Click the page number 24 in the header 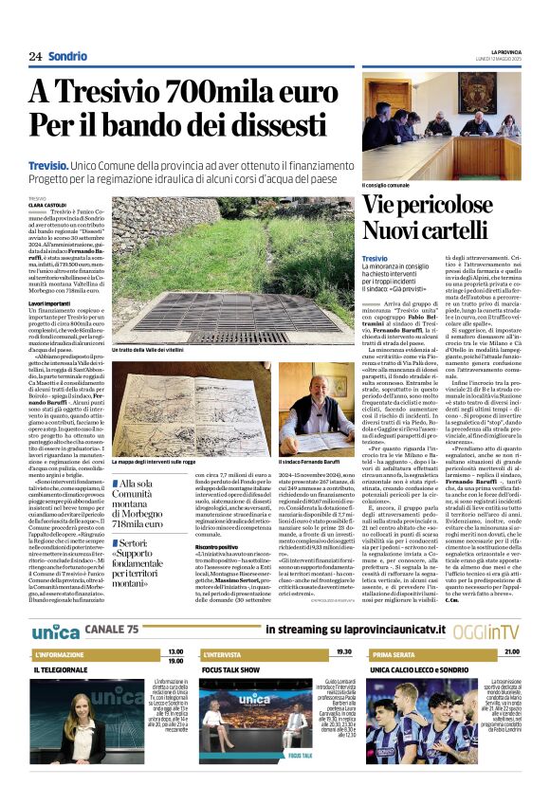point(36,56)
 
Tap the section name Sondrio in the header point(66,56)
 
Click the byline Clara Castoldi point(46,204)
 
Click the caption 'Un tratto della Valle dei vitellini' point(149,350)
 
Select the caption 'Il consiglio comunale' point(387,184)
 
